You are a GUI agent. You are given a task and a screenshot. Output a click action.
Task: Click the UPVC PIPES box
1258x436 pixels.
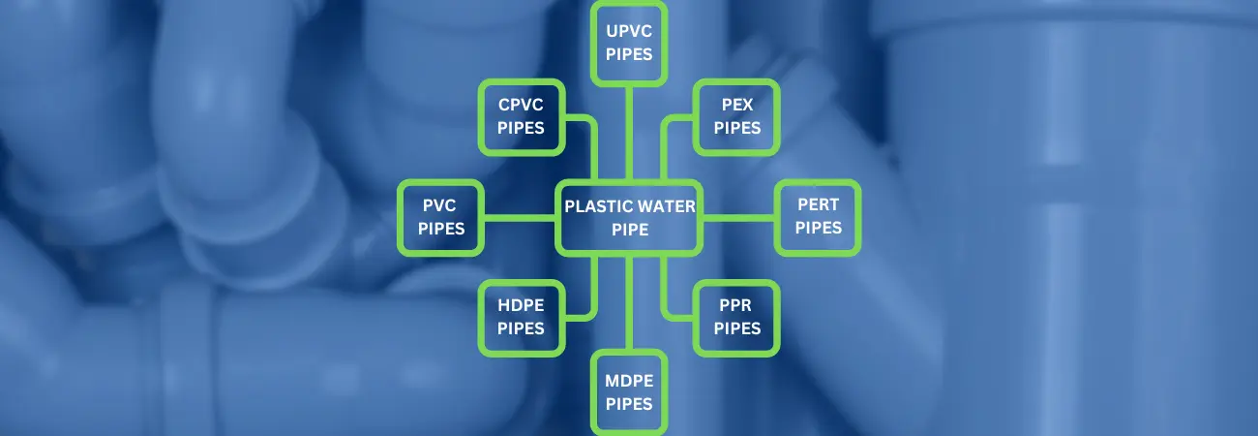(629, 42)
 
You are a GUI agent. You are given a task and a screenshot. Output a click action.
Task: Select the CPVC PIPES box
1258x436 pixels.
(521, 116)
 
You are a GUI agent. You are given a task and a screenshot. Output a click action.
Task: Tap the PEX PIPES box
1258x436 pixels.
(737, 116)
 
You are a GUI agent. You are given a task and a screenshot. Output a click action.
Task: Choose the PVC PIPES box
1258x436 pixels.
(441, 218)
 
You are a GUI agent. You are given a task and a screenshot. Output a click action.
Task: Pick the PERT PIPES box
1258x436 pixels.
(818, 218)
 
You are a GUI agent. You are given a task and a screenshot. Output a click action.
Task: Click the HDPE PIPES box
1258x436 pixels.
(521, 317)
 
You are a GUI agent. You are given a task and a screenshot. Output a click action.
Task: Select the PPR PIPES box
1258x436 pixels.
(737, 317)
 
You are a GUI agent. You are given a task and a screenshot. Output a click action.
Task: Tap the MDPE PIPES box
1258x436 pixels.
(629, 392)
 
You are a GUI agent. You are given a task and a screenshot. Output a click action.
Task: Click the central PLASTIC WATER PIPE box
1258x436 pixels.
(629, 218)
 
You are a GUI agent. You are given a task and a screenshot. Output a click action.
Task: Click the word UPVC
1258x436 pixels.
(629, 32)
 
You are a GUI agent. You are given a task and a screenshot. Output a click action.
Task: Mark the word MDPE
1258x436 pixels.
(629, 382)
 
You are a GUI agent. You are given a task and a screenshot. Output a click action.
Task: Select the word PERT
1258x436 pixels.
(818, 206)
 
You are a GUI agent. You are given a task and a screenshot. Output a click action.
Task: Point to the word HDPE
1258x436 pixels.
(521, 306)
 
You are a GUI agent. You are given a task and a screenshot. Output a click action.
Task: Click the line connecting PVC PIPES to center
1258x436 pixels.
(521, 218)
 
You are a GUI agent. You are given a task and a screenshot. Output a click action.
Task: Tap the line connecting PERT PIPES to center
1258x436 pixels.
(737, 218)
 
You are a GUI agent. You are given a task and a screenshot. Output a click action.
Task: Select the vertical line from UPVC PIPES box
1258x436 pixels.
(629, 131)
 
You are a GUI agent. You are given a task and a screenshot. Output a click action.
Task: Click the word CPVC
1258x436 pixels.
(521, 106)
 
